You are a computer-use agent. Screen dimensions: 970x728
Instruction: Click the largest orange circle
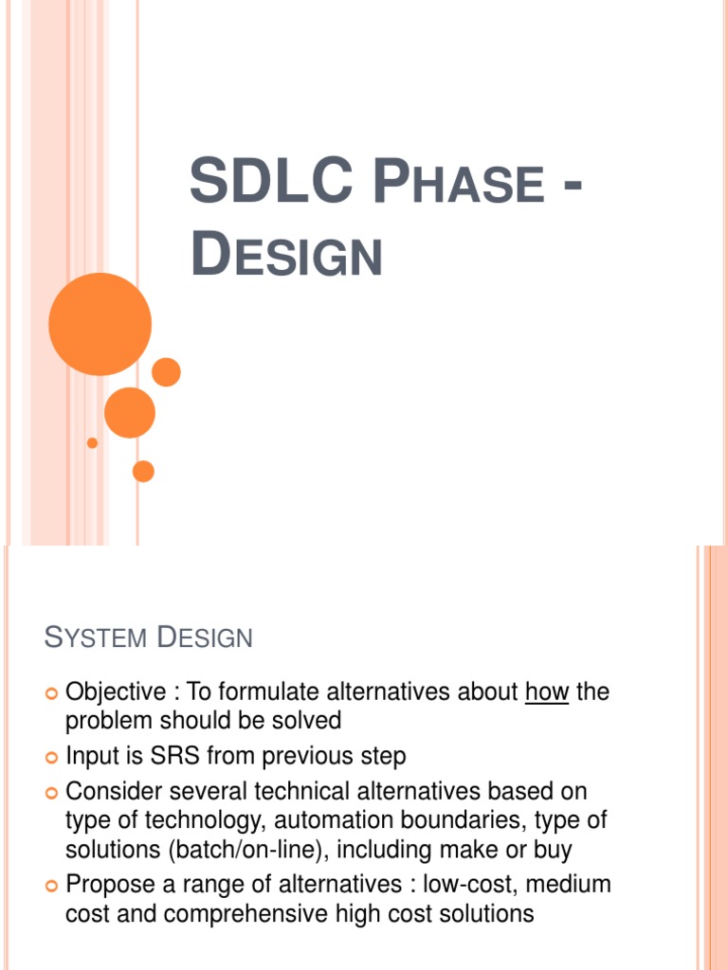[100, 324]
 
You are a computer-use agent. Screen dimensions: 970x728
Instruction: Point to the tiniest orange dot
[92, 442]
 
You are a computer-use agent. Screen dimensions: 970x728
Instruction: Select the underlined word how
[546, 692]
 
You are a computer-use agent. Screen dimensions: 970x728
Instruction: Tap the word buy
[550, 850]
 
